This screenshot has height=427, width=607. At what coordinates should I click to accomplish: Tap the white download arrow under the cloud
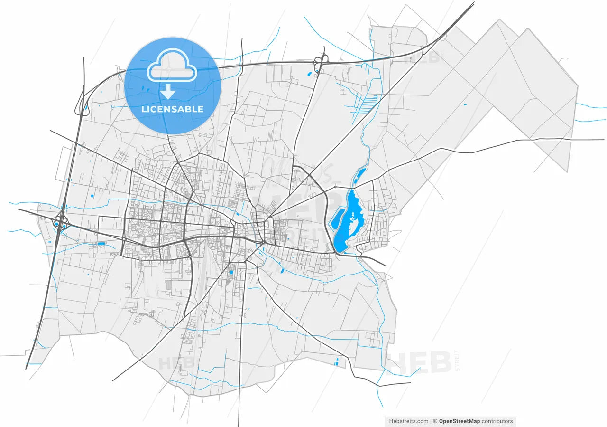coord(168,92)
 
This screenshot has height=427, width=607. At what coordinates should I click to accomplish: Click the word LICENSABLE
coord(173,109)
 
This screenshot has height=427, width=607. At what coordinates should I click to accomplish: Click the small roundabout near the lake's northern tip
coord(335,187)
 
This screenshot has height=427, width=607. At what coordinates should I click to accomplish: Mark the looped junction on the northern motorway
coord(321,60)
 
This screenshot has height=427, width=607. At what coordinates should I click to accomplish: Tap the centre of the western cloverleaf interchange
coord(61,222)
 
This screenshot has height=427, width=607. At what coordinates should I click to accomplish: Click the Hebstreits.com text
coord(409,421)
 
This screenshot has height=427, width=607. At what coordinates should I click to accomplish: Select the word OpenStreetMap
coord(460,421)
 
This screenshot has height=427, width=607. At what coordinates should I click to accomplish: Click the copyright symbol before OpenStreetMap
coord(435,421)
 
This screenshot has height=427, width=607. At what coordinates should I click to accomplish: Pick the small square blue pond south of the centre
coord(231,272)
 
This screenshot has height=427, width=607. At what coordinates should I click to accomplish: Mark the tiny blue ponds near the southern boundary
coord(337,361)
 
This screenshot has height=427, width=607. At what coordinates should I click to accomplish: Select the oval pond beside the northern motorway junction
coord(309,74)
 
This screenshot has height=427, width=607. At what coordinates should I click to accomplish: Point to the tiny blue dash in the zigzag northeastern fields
coord(465,104)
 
